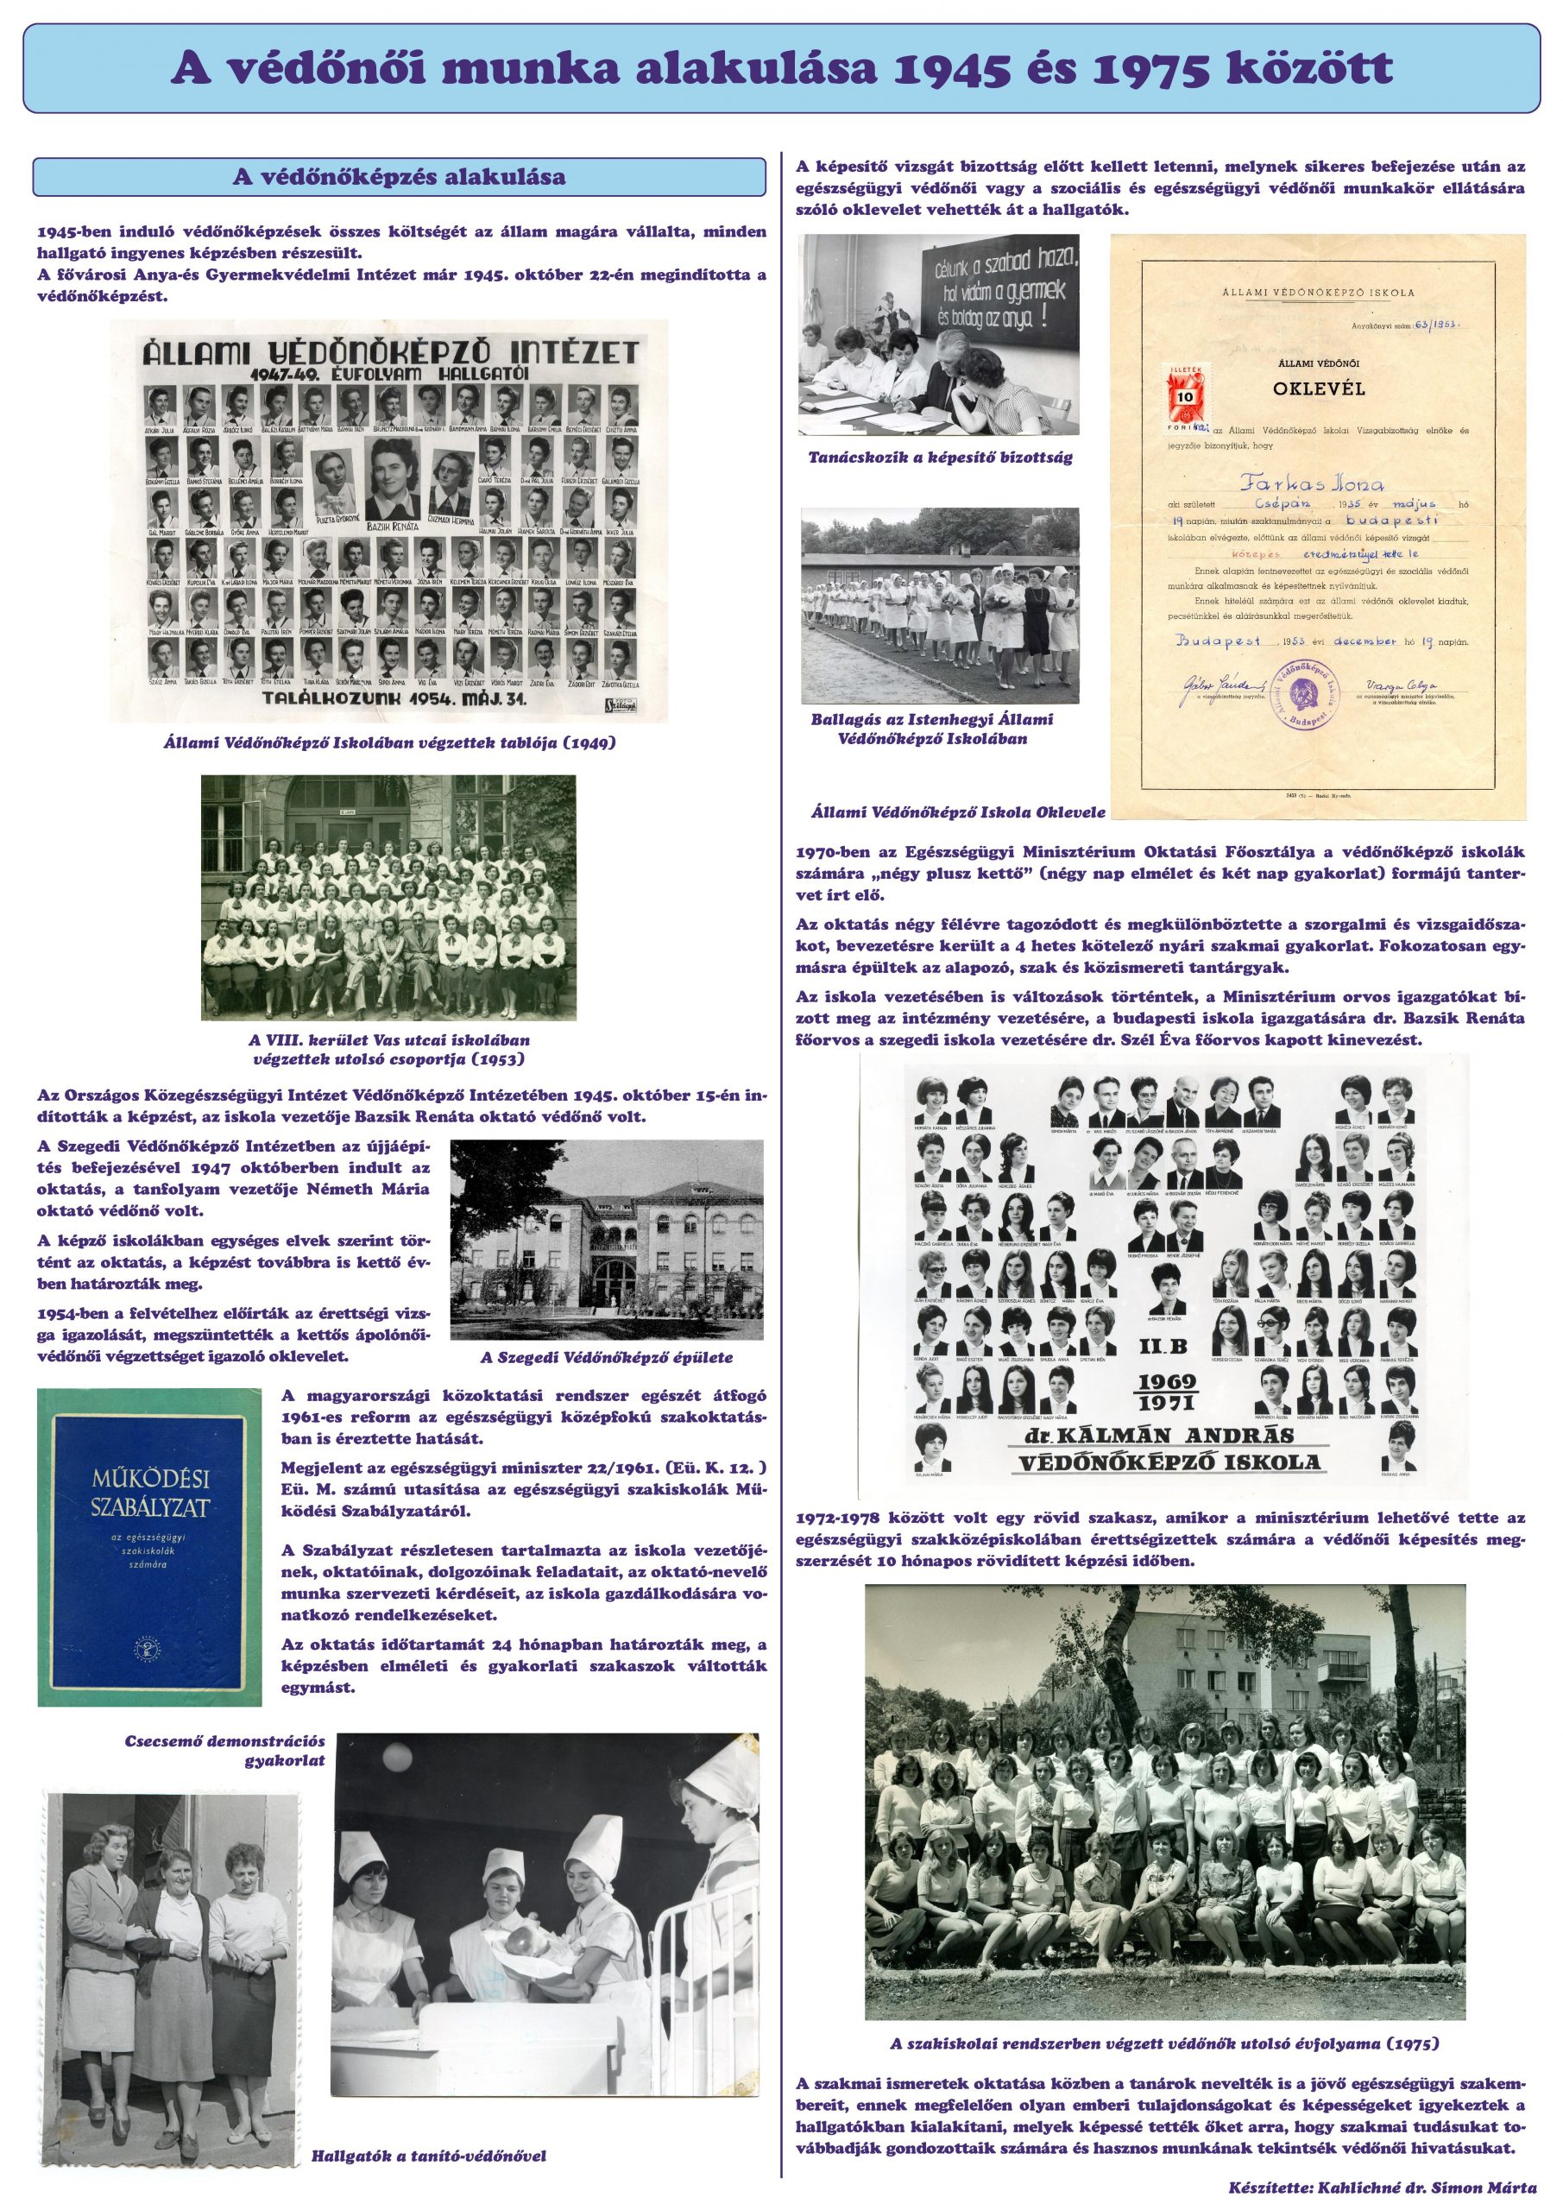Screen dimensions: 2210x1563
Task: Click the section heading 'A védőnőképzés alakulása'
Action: (x=400, y=177)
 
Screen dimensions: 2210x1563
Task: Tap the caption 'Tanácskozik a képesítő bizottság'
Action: (x=940, y=458)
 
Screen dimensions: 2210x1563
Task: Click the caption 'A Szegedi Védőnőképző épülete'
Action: (x=607, y=1357)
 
